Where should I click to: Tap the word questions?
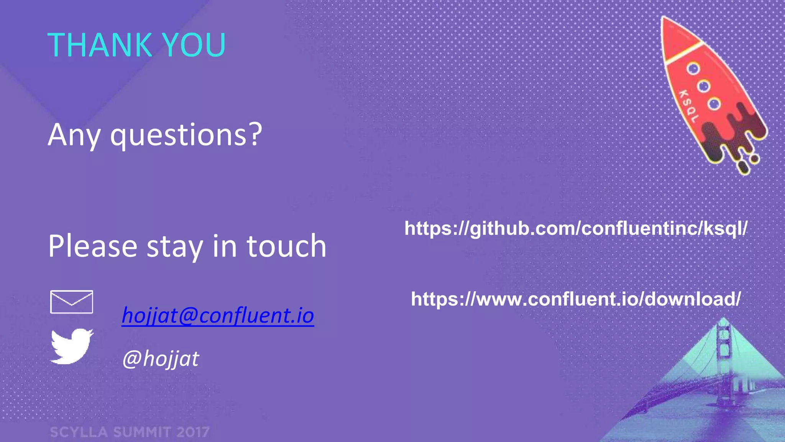(186, 135)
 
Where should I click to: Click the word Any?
(74, 135)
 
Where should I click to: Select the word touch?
(286, 246)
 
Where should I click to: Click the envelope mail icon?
(72, 302)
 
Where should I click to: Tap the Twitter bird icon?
(72, 346)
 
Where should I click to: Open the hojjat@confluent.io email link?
(218, 316)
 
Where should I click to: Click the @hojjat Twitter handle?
(161, 359)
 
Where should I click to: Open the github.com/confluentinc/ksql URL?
(576, 229)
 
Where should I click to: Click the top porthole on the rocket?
(693, 69)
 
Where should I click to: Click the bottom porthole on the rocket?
(714, 104)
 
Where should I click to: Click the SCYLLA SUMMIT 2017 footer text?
(130, 432)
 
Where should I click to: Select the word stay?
(175, 246)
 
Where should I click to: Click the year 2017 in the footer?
(193, 432)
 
